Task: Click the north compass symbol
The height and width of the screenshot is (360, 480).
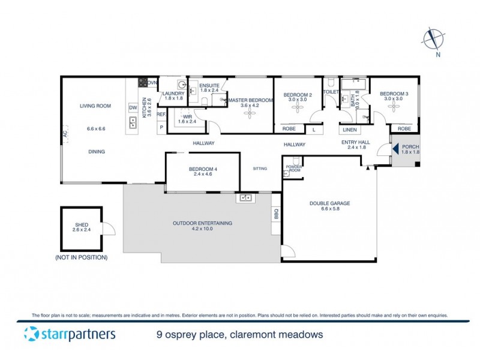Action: pyautogui.click(x=431, y=39)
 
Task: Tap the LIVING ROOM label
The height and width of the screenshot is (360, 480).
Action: pyautogui.click(x=96, y=106)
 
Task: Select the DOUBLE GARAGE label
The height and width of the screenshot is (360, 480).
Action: pyautogui.click(x=329, y=203)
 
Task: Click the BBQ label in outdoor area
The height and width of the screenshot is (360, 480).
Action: pyautogui.click(x=276, y=213)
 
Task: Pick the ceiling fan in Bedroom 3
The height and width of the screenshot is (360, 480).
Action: pyautogui.click(x=394, y=106)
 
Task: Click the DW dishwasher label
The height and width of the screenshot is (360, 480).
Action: pyautogui.click(x=133, y=107)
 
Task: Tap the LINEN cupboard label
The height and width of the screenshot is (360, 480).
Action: pyautogui.click(x=350, y=129)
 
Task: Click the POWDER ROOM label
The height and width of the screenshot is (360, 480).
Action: pyautogui.click(x=293, y=167)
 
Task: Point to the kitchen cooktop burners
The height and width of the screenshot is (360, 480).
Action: pyautogui.click(x=143, y=83)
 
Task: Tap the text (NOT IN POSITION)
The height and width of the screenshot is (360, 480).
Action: pyautogui.click(x=82, y=257)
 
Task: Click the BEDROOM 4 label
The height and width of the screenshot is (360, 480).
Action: pyautogui.click(x=203, y=169)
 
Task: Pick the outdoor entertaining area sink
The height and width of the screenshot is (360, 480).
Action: pyautogui.click(x=245, y=197)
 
